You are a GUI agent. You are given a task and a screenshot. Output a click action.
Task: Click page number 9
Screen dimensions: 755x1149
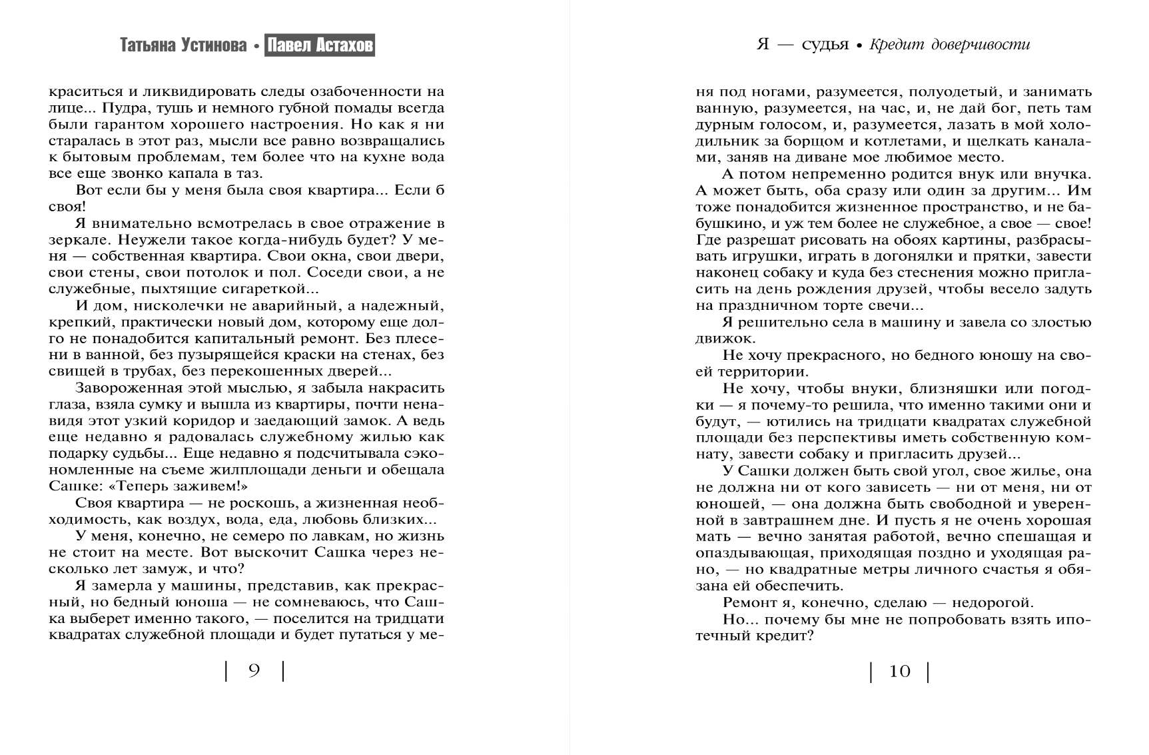(x=254, y=671)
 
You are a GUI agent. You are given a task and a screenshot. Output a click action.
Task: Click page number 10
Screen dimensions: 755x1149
(x=899, y=671)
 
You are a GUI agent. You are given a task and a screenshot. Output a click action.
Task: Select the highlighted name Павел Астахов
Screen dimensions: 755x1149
(x=320, y=45)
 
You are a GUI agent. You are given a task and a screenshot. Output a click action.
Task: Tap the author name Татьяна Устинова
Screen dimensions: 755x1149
(x=183, y=45)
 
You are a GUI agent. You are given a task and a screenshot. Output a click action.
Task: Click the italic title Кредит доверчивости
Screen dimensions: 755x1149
(x=949, y=45)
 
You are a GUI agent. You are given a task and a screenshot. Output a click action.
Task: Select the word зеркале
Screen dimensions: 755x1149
(x=74, y=239)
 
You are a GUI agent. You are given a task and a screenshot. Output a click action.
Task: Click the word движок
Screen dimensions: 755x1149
(x=721, y=338)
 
